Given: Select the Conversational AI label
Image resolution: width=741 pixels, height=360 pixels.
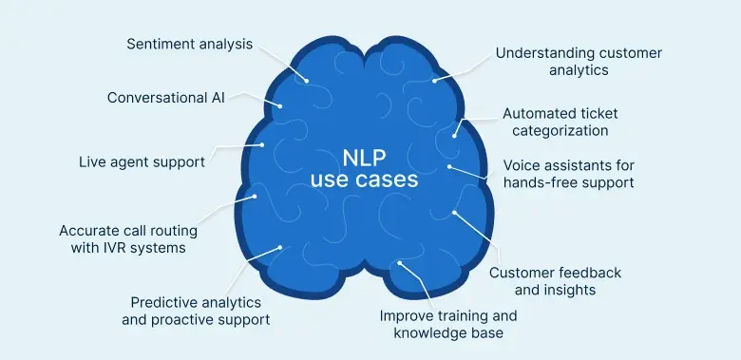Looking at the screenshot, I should [x=165, y=98].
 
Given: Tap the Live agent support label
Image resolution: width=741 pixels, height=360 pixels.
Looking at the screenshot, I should [x=142, y=161].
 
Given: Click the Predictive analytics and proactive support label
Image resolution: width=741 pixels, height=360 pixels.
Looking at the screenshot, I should [x=196, y=311].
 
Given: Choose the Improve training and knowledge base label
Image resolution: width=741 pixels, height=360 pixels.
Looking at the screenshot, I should [x=448, y=324].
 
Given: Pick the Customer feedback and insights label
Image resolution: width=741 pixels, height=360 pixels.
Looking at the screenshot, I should [x=555, y=281].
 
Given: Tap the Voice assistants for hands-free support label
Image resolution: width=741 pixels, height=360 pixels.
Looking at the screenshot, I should [x=568, y=173].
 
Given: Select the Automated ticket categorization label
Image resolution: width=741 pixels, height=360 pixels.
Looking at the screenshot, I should [x=568, y=122].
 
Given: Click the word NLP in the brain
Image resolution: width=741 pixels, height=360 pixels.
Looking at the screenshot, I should [x=366, y=157].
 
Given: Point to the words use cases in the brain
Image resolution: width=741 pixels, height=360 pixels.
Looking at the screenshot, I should [x=366, y=180].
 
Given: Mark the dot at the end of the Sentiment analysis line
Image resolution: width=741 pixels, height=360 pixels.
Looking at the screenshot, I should [x=307, y=80].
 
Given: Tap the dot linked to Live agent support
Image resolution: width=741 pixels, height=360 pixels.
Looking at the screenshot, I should [x=262, y=145].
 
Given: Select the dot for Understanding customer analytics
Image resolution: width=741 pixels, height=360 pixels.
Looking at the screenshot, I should [x=435, y=80].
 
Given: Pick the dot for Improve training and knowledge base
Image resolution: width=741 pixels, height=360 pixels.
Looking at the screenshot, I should [x=400, y=262].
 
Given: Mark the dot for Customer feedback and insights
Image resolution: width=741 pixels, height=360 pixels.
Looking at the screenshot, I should [x=454, y=213].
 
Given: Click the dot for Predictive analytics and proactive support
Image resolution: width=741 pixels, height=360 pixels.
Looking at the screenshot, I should [x=280, y=249].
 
